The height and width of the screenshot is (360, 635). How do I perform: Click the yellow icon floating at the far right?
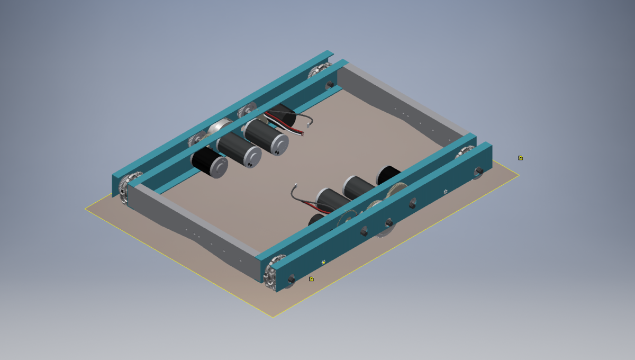521,158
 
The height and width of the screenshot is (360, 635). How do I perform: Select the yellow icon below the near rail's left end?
311,279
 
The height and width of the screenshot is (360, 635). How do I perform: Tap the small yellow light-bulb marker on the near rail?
323,262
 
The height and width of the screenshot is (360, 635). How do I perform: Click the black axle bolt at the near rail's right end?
478,170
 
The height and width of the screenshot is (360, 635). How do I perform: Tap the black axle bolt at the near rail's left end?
291,278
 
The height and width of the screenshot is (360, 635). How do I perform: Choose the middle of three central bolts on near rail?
388,222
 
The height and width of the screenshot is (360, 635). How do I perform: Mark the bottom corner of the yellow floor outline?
273,317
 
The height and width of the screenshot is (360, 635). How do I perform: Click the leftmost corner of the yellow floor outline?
85,209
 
